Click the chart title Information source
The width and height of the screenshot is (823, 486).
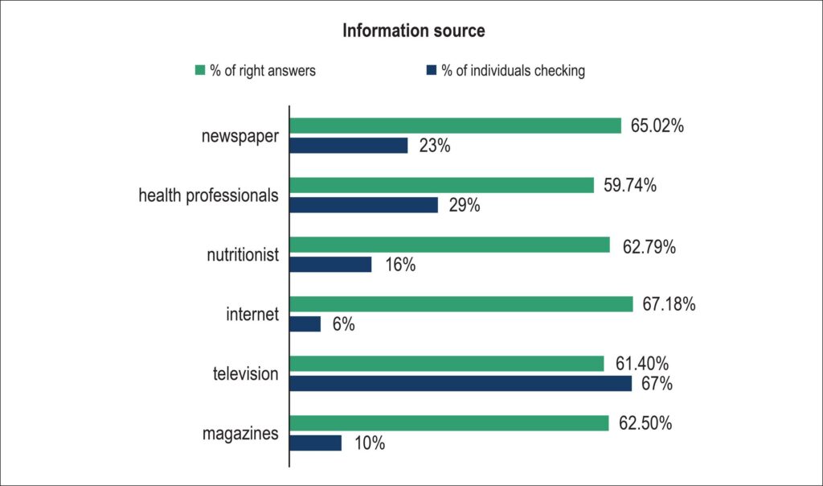pos(414,31)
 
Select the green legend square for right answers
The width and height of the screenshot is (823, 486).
pos(200,70)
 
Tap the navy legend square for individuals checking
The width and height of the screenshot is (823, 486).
pos(432,70)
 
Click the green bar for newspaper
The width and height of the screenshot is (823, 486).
pos(455,126)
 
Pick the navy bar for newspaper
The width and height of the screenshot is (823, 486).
pos(349,146)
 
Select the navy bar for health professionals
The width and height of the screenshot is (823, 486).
pos(364,205)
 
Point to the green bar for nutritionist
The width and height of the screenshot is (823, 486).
pos(450,245)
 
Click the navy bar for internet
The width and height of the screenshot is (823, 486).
pos(305,324)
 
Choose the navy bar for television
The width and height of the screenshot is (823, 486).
pos(461,384)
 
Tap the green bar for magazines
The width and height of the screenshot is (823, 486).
pos(449,423)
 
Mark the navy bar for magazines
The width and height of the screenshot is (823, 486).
pos(315,443)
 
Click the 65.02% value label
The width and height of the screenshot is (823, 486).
pos(657,126)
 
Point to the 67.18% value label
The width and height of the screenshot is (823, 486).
pos(669,304)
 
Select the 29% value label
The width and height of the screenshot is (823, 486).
pos(465,205)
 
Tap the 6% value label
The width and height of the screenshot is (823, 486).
pos(343,325)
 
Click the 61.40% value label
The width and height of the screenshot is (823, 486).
pos(642,364)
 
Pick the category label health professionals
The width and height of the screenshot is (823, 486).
pos(208,196)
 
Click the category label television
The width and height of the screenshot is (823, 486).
pos(246,373)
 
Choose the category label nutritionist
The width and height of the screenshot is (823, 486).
pos(243,255)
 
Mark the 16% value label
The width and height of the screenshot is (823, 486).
pos(400,265)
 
